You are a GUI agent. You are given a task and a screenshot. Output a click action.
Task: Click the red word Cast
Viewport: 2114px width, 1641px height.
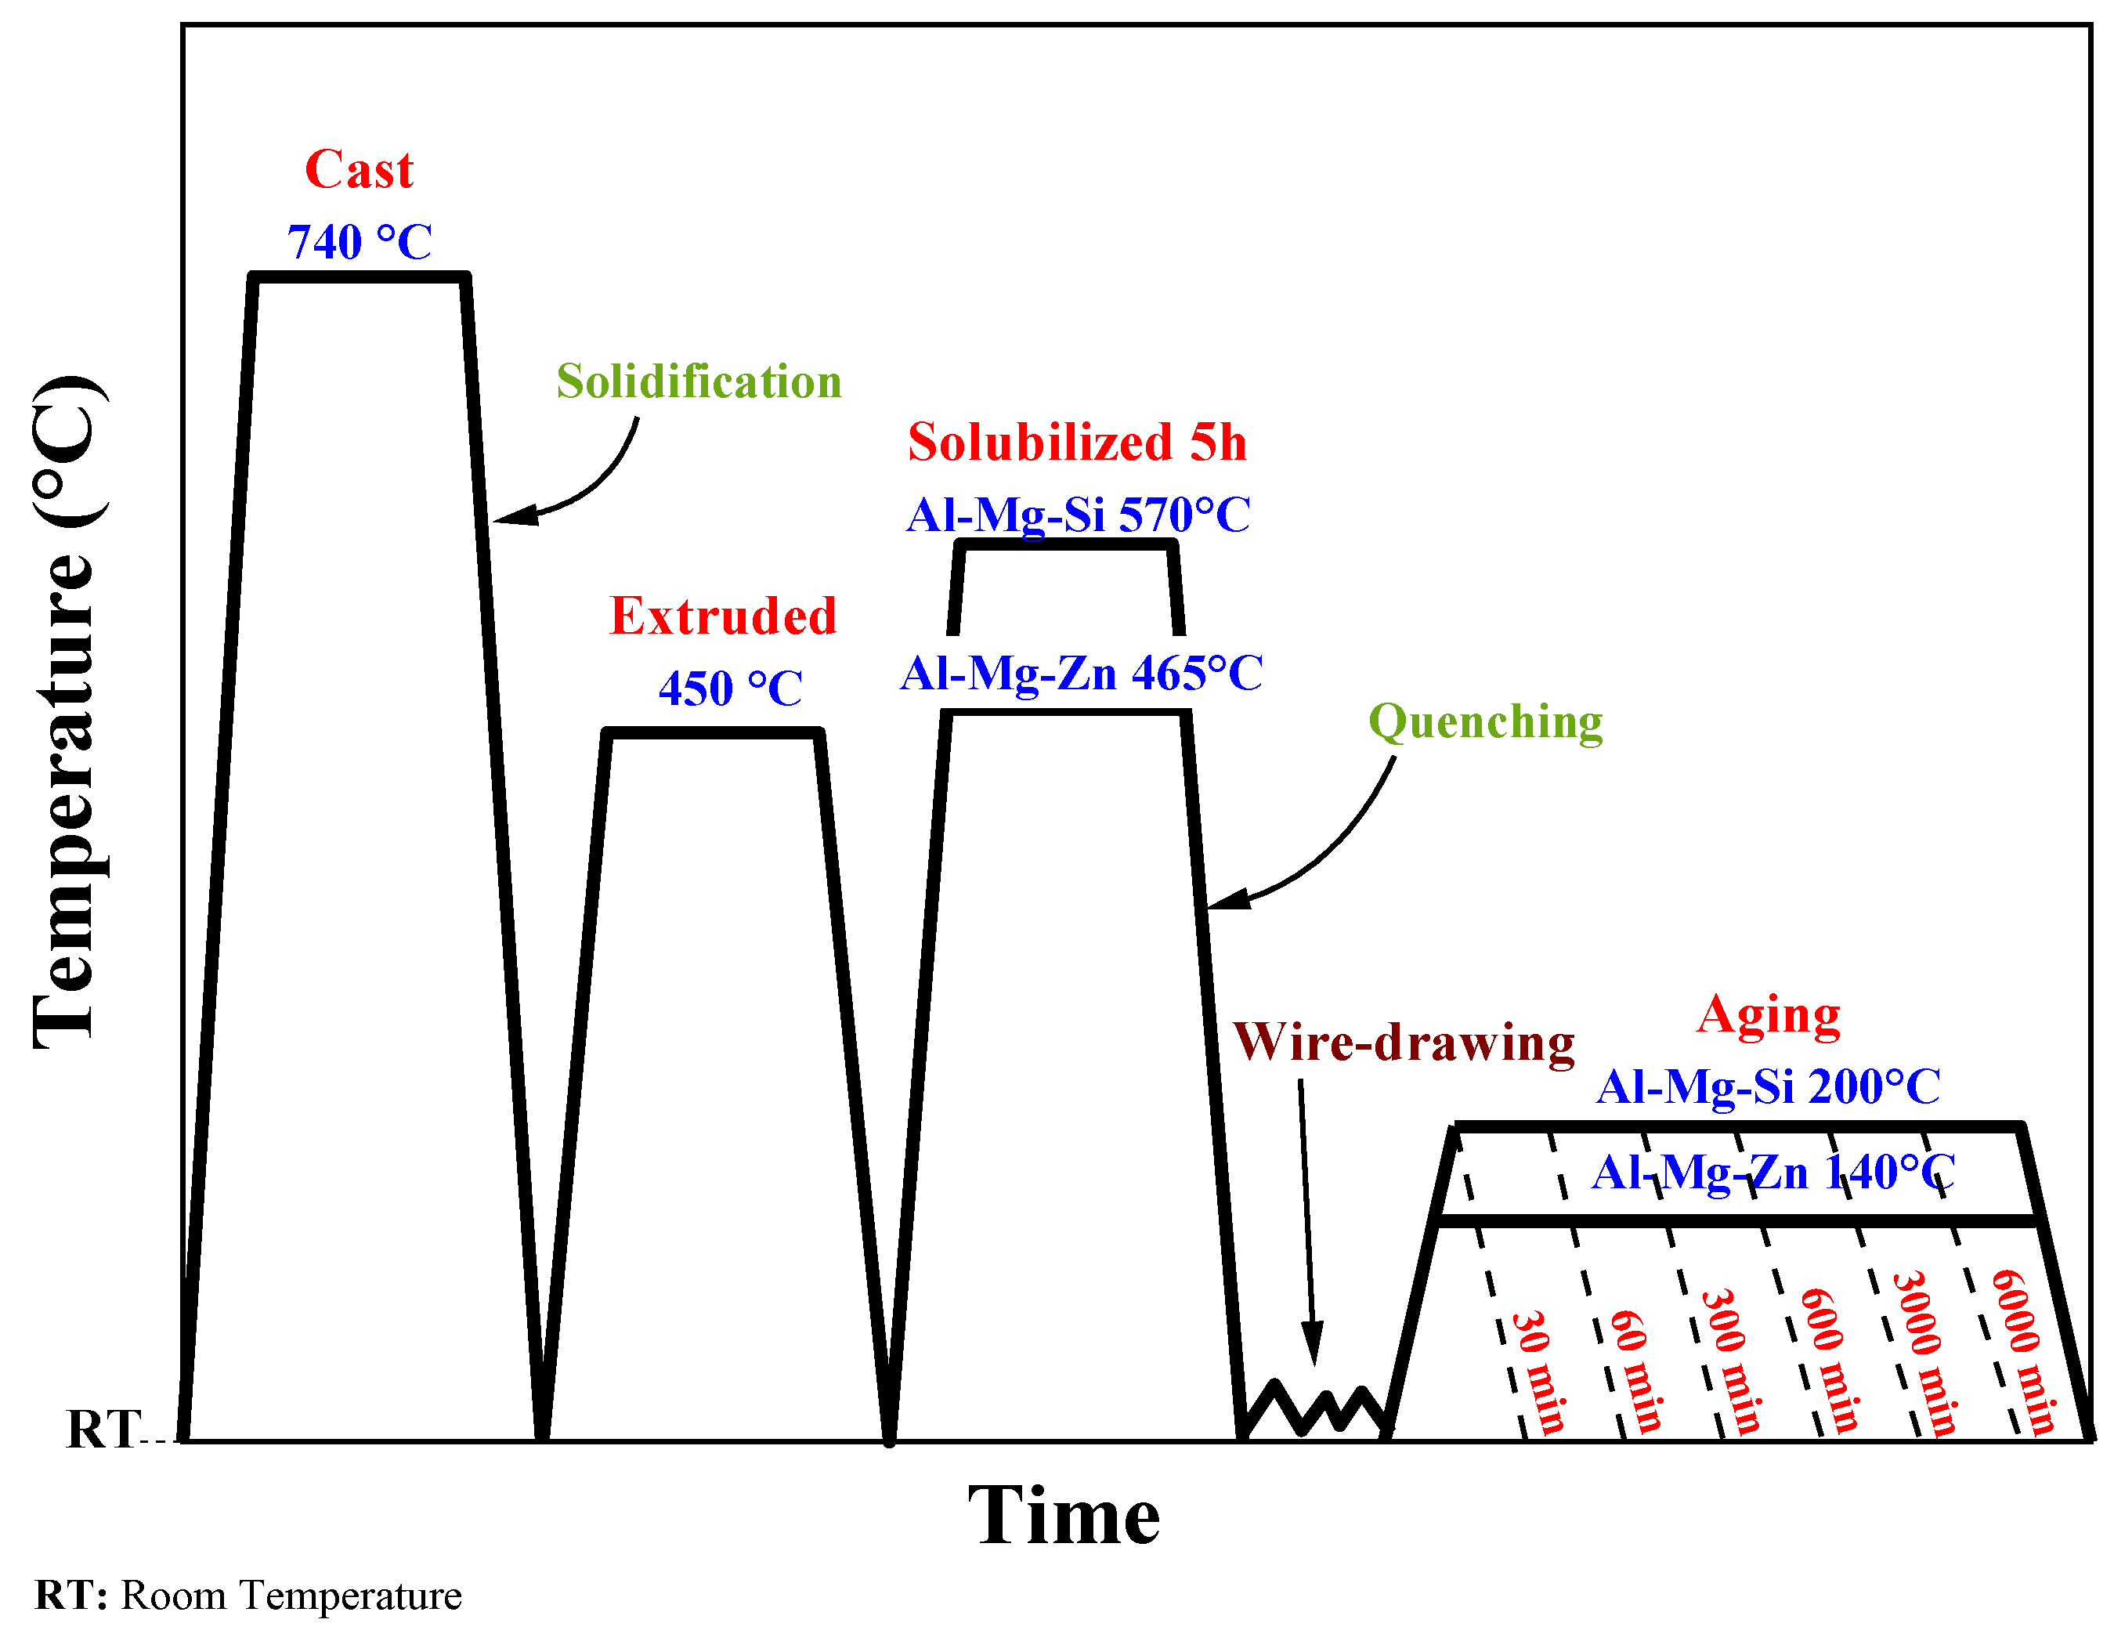[359, 171]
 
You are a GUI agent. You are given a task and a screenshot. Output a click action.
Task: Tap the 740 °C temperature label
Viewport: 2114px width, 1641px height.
[359, 242]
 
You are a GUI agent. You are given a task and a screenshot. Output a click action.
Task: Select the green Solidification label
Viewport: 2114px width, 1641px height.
[699, 381]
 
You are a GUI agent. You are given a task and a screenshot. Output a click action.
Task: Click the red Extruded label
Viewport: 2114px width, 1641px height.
[723, 616]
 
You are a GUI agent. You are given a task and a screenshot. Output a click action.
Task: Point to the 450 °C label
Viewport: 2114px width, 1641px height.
[731, 689]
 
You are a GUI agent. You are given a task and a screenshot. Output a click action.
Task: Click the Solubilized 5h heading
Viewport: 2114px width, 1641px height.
[1077, 443]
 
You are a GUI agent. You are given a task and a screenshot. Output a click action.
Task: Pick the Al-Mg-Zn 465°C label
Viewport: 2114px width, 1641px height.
[1081, 674]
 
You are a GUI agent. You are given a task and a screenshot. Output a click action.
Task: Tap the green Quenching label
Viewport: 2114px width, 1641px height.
[1486, 722]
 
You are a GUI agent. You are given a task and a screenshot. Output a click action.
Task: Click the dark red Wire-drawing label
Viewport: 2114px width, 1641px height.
[1404, 1043]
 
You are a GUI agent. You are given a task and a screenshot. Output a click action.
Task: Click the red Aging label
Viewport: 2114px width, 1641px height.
[1769, 1017]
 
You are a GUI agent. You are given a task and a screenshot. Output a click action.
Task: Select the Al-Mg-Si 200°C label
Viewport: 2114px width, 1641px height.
[1769, 1087]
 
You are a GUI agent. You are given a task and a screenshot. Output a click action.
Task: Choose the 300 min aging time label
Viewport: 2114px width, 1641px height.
[1732, 1361]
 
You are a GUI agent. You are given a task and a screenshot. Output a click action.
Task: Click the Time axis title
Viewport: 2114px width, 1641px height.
[1064, 1516]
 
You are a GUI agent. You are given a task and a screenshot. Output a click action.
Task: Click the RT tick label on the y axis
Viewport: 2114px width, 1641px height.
[102, 1430]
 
